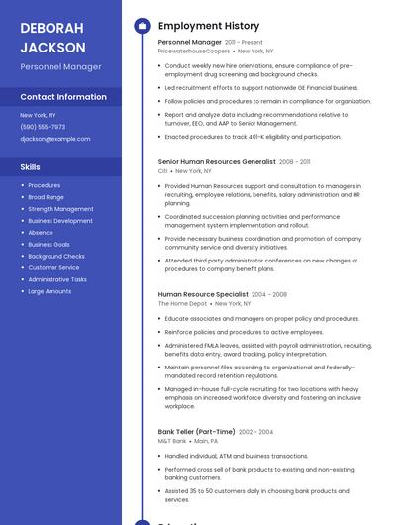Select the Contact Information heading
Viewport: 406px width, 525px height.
click(63, 97)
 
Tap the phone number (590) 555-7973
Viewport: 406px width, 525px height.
click(43, 127)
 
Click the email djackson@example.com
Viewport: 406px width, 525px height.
click(54, 139)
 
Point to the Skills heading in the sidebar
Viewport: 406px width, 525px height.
click(31, 167)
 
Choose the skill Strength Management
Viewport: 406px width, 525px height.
click(60, 209)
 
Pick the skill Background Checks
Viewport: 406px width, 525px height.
click(56, 256)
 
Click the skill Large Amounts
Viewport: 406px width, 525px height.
click(50, 291)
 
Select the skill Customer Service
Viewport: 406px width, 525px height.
click(53, 267)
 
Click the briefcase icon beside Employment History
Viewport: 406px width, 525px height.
click(141, 26)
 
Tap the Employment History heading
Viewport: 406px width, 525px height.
click(209, 26)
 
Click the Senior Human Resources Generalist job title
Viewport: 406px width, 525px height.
click(217, 160)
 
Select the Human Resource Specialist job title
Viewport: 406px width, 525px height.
click(203, 294)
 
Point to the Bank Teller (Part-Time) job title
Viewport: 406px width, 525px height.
click(196, 431)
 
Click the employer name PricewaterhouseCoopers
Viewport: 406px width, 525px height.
click(192, 52)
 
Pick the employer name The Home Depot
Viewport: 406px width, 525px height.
click(182, 304)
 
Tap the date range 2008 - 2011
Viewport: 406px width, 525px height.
click(295, 160)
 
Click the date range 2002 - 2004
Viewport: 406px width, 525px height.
click(255, 432)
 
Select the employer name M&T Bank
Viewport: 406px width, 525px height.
click(172, 441)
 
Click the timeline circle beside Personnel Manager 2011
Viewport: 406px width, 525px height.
click(141, 43)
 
